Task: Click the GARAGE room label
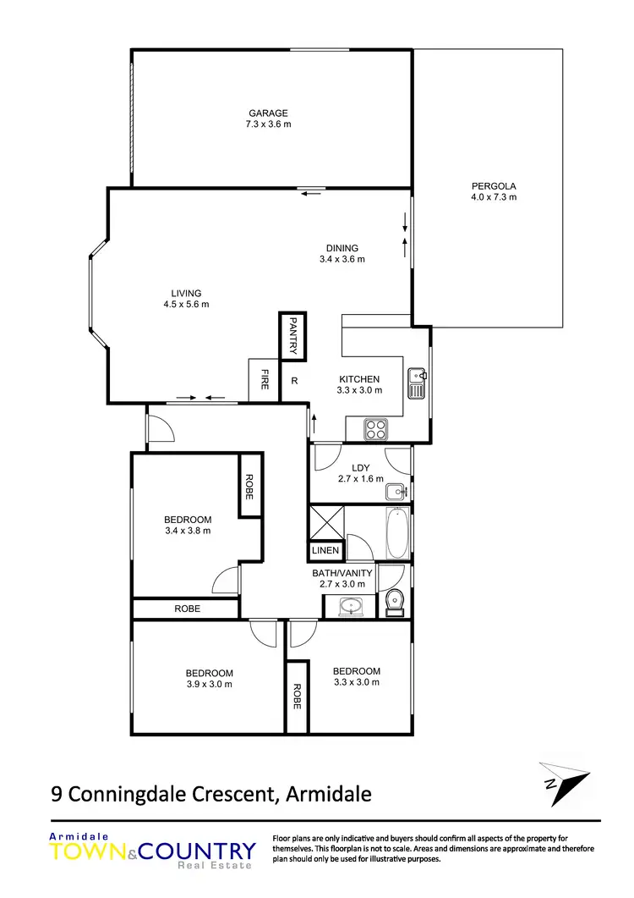pyautogui.click(x=268, y=113)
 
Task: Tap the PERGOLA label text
pyautogui.click(x=494, y=185)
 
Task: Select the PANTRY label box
pyautogui.click(x=292, y=335)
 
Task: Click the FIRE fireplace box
pyautogui.click(x=265, y=380)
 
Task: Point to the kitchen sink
pyautogui.click(x=416, y=383)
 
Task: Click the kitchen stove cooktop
pyautogui.click(x=376, y=429)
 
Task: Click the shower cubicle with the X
pyautogui.click(x=325, y=521)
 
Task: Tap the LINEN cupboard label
pyautogui.click(x=325, y=551)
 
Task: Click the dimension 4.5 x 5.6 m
pyautogui.click(x=186, y=305)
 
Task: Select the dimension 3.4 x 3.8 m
pyautogui.click(x=187, y=531)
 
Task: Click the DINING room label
pyautogui.click(x=342, y=248)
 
